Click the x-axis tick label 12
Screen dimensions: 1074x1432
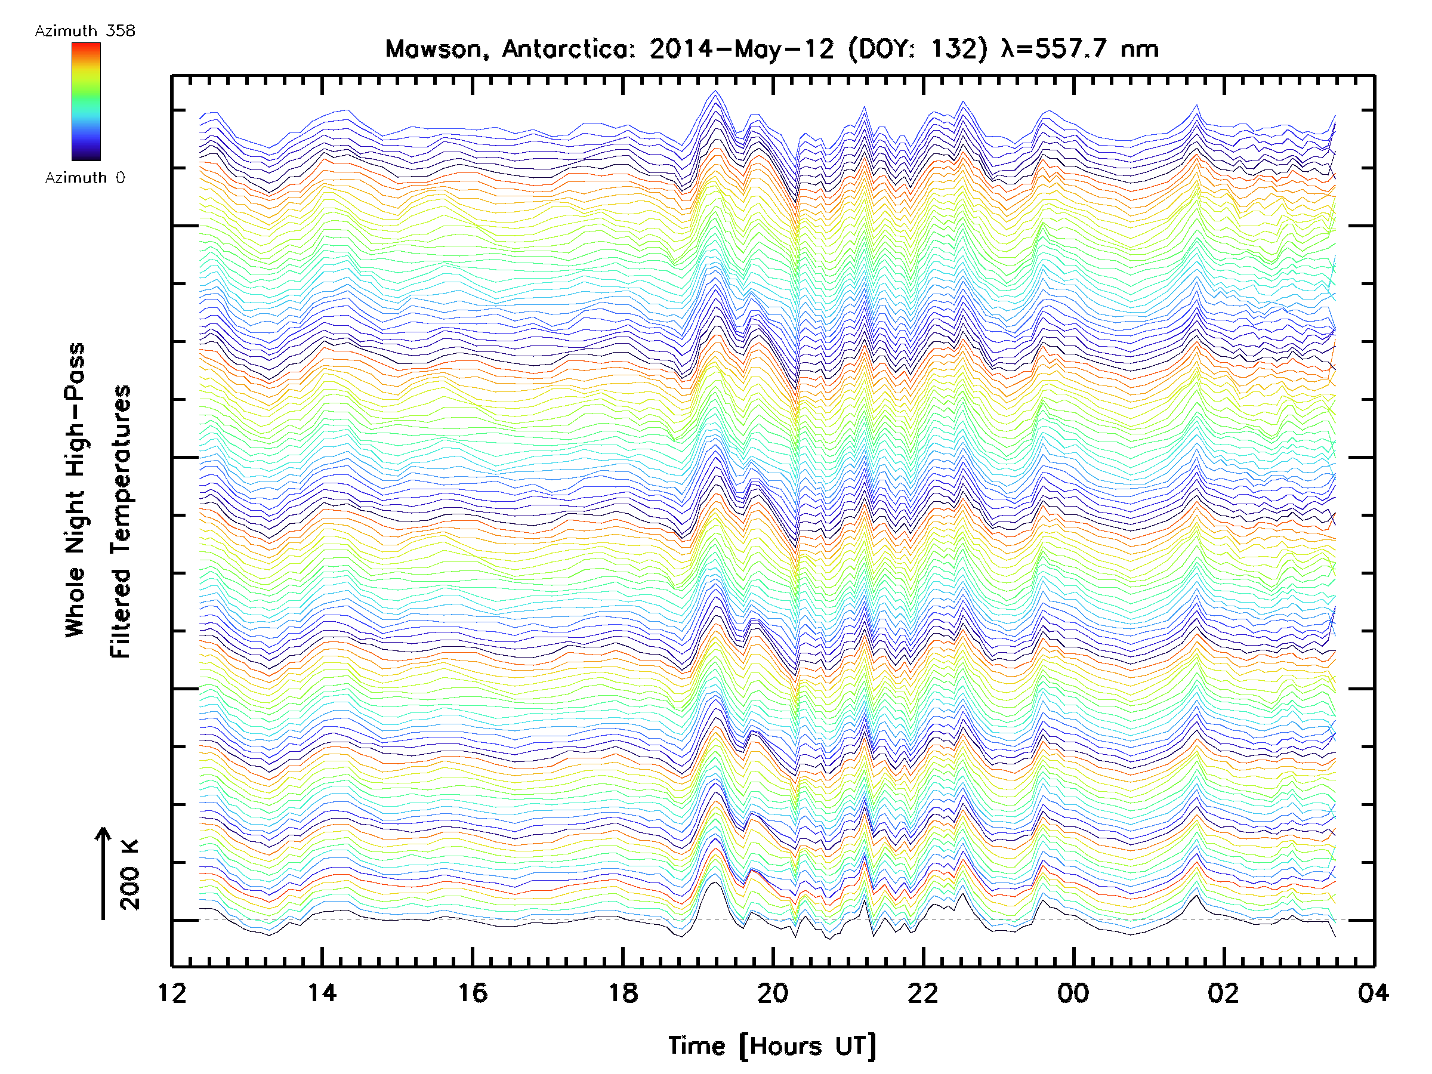(172, 992)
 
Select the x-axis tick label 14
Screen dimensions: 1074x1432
(322, 992)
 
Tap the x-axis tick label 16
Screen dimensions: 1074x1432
(473, 992)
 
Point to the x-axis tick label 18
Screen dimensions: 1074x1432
(623, 992)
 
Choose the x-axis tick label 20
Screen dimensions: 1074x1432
(773, 992)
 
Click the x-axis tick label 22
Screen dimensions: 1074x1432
(923, 992)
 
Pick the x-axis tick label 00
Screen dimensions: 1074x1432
(1073, 992)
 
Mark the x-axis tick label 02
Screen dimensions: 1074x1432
(1224, 992)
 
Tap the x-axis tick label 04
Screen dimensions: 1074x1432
(1373, 992)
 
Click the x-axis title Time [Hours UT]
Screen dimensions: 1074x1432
(771, 1045)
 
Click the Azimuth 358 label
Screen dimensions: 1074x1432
(85, 31)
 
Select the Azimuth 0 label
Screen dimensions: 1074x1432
(85, 177)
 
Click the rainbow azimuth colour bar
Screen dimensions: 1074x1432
(86, 101)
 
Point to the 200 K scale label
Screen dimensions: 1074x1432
(129, 875)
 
